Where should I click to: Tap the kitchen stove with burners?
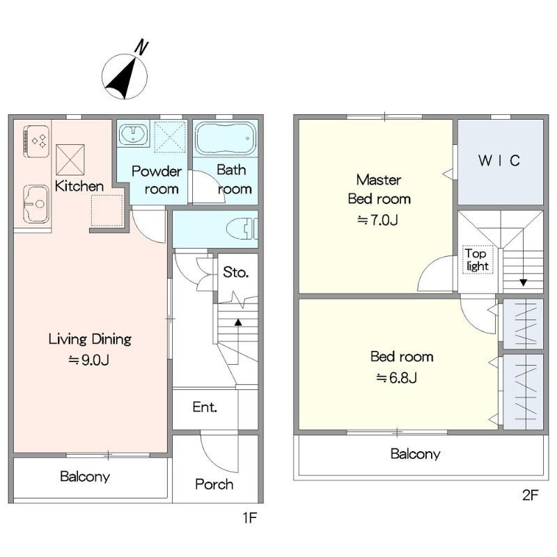pos(36,141)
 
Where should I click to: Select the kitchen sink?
pos(36,204)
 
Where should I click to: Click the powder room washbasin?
pos(133,134)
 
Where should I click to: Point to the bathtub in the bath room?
pos(226,139)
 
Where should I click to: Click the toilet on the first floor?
pos(242,228)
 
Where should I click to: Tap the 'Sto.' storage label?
pos(236,272)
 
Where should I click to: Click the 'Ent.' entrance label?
pos(205,407)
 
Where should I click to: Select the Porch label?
pos(214,484)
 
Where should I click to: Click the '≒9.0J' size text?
pos(89,361)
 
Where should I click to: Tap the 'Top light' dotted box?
pos(478,260)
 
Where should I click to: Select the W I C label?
pos(499,161)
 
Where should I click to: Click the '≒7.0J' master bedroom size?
pos(377,221)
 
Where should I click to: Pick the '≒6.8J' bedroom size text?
pos(396,378)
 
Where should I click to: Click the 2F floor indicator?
pos(531,495)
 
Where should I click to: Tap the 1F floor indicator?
pos(250,518)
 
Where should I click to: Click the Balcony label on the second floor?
pos(415,454)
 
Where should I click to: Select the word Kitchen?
pos(79,186)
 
